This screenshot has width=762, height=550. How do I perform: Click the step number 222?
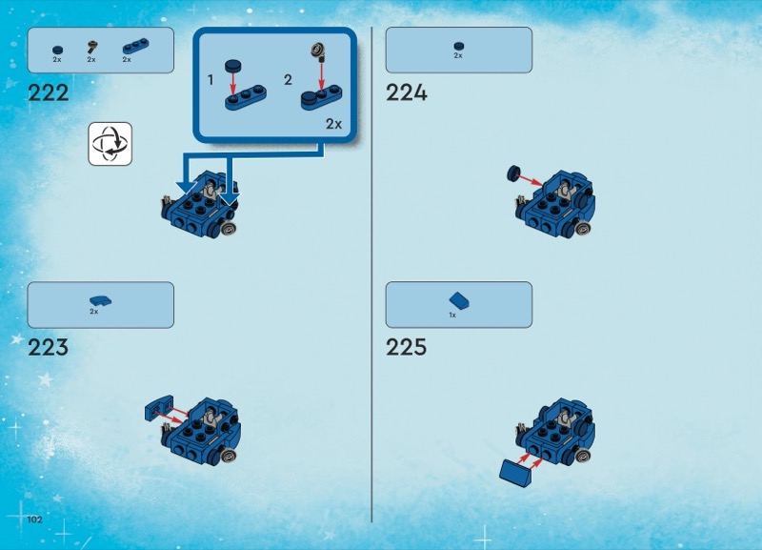[49, 92]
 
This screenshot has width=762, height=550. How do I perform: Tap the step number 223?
[49, 348]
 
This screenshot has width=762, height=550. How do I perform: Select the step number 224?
[407, 92]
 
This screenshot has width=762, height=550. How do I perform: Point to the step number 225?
[407, 348]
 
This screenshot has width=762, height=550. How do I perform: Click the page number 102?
[34, 519]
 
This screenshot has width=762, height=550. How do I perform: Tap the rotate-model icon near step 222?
[110, 144]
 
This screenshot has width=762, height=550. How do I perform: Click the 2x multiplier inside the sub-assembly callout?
[334, 125]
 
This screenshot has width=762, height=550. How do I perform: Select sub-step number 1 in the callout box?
[211, 80]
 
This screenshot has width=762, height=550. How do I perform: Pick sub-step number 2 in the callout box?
[288, 80]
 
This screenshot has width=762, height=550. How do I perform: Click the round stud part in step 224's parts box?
[459, 46]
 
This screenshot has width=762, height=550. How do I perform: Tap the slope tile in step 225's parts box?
[459, 300]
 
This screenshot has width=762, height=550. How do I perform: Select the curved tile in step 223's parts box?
[101, 301]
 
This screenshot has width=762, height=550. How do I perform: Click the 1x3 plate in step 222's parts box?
[136, 46]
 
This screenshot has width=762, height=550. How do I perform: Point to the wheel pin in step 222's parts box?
[92, 47]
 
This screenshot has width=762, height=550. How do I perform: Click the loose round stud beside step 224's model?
[513, 173]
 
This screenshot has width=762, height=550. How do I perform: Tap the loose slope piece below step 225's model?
[516, 472]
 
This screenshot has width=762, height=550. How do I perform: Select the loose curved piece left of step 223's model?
[159, 408]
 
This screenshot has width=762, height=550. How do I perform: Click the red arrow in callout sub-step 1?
[232, 84]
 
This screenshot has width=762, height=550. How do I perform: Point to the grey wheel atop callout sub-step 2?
[318, 50]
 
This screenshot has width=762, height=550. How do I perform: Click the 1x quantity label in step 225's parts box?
[452, 316]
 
